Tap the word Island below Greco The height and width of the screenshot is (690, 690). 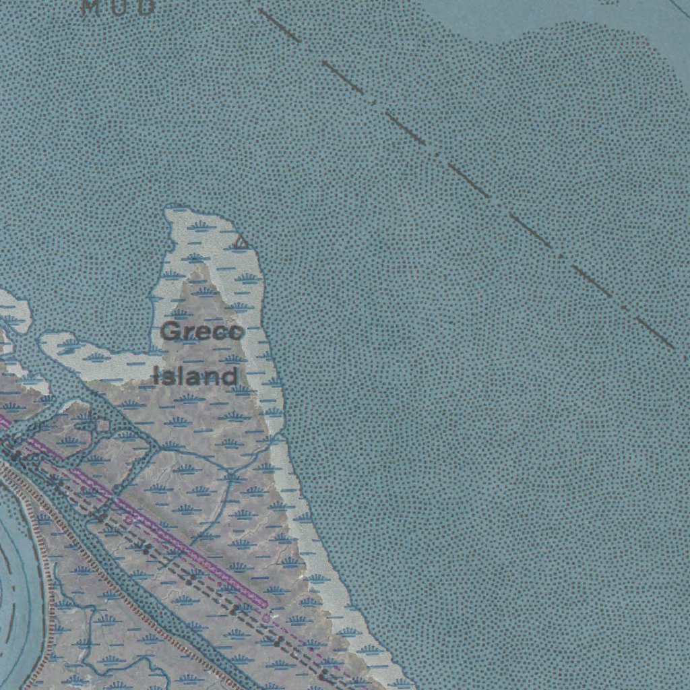click(195, 376)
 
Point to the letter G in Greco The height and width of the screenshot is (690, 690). click(171, 332)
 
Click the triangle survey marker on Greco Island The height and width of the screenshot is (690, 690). click(241, 243)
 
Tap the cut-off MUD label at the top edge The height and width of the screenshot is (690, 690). click(118, 7)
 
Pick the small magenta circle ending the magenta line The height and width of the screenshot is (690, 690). click(267, 617)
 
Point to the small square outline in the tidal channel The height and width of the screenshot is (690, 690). click(102, 425)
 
